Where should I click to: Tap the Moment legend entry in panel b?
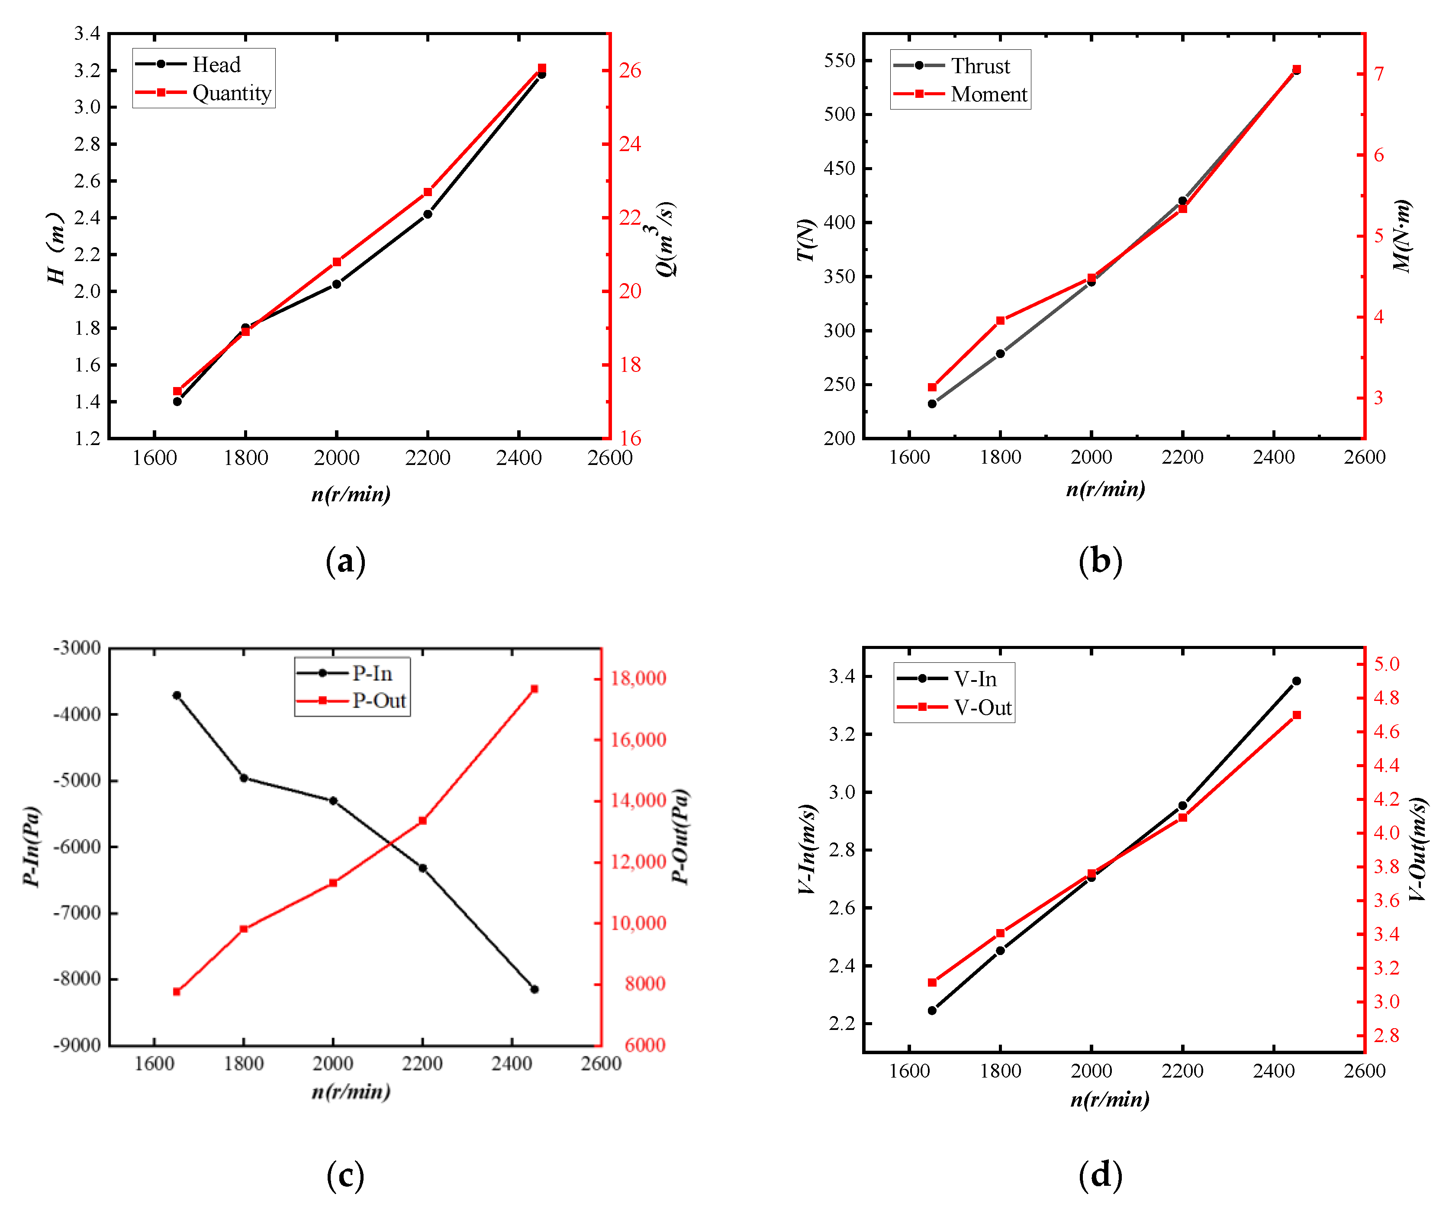coord(988,94)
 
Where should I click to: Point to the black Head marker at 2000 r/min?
coord(337,284)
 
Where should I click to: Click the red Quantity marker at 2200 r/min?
coord(428,192)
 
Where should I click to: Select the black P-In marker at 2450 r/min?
coord(534,989)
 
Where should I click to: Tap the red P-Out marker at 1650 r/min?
coord(177,992)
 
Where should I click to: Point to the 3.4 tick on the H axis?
coord(87,33)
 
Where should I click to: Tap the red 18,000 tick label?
coord(638,678)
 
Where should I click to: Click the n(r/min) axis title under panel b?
coord(1105,489)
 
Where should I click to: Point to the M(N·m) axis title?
coord(1402,236)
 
